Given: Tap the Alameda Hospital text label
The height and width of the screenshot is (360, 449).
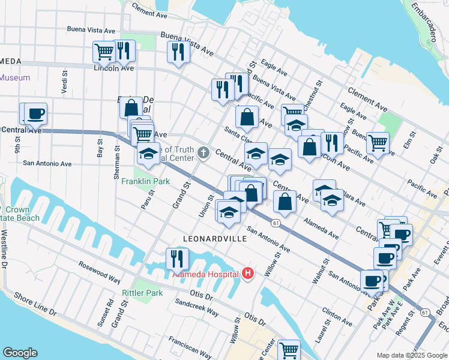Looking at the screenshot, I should (206, 274).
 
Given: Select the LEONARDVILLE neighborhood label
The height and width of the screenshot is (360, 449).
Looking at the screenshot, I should (215, 239).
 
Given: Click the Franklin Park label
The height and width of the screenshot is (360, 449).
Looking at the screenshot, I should (142, 181).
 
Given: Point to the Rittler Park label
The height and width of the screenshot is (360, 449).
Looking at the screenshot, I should (142, 293).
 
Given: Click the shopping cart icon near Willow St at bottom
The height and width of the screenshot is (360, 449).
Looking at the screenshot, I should (289, 349).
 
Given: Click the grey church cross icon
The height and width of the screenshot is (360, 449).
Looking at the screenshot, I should (203, 152).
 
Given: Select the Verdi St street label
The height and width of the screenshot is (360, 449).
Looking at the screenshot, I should (64, 78).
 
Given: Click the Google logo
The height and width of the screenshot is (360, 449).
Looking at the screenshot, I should (20, 353).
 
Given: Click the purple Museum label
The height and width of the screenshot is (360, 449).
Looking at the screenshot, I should (15, 77).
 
